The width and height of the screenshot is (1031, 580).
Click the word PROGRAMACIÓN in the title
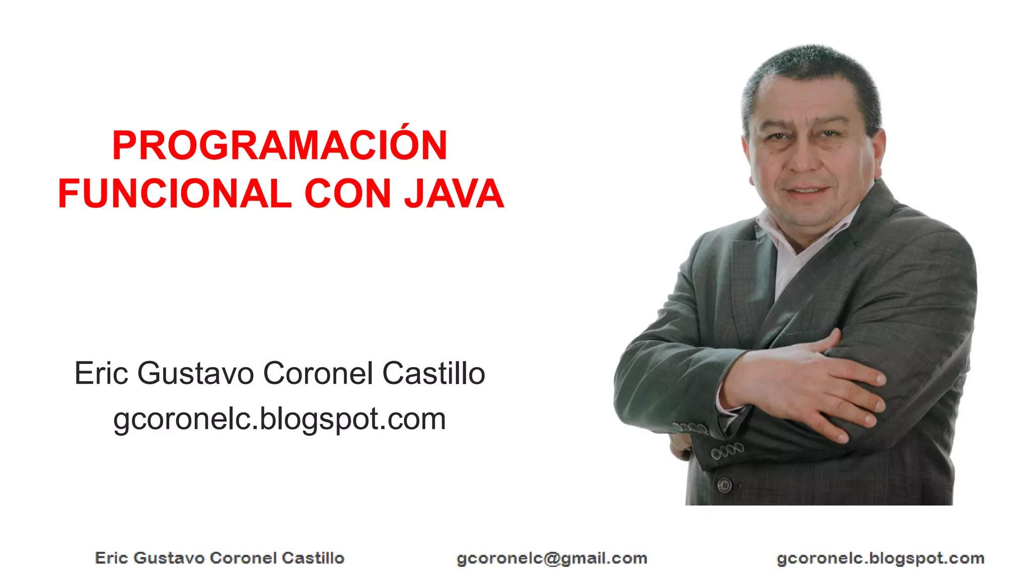pos(279,146)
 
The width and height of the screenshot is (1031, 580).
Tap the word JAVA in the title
pos(454,194)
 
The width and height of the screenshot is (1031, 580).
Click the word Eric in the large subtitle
pos(101,374)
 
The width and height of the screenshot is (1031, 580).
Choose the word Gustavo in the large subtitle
pos(195,374)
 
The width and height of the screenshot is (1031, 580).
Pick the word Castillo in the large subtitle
pos(433,374)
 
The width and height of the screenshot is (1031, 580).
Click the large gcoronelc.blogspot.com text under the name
pos(279,419)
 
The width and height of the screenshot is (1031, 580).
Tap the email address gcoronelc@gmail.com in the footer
pos(552,558)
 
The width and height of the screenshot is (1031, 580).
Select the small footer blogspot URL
pos(880,558)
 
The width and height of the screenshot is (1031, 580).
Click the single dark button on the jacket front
pos(724,485)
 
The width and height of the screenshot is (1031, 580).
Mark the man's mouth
pos(806,191)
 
